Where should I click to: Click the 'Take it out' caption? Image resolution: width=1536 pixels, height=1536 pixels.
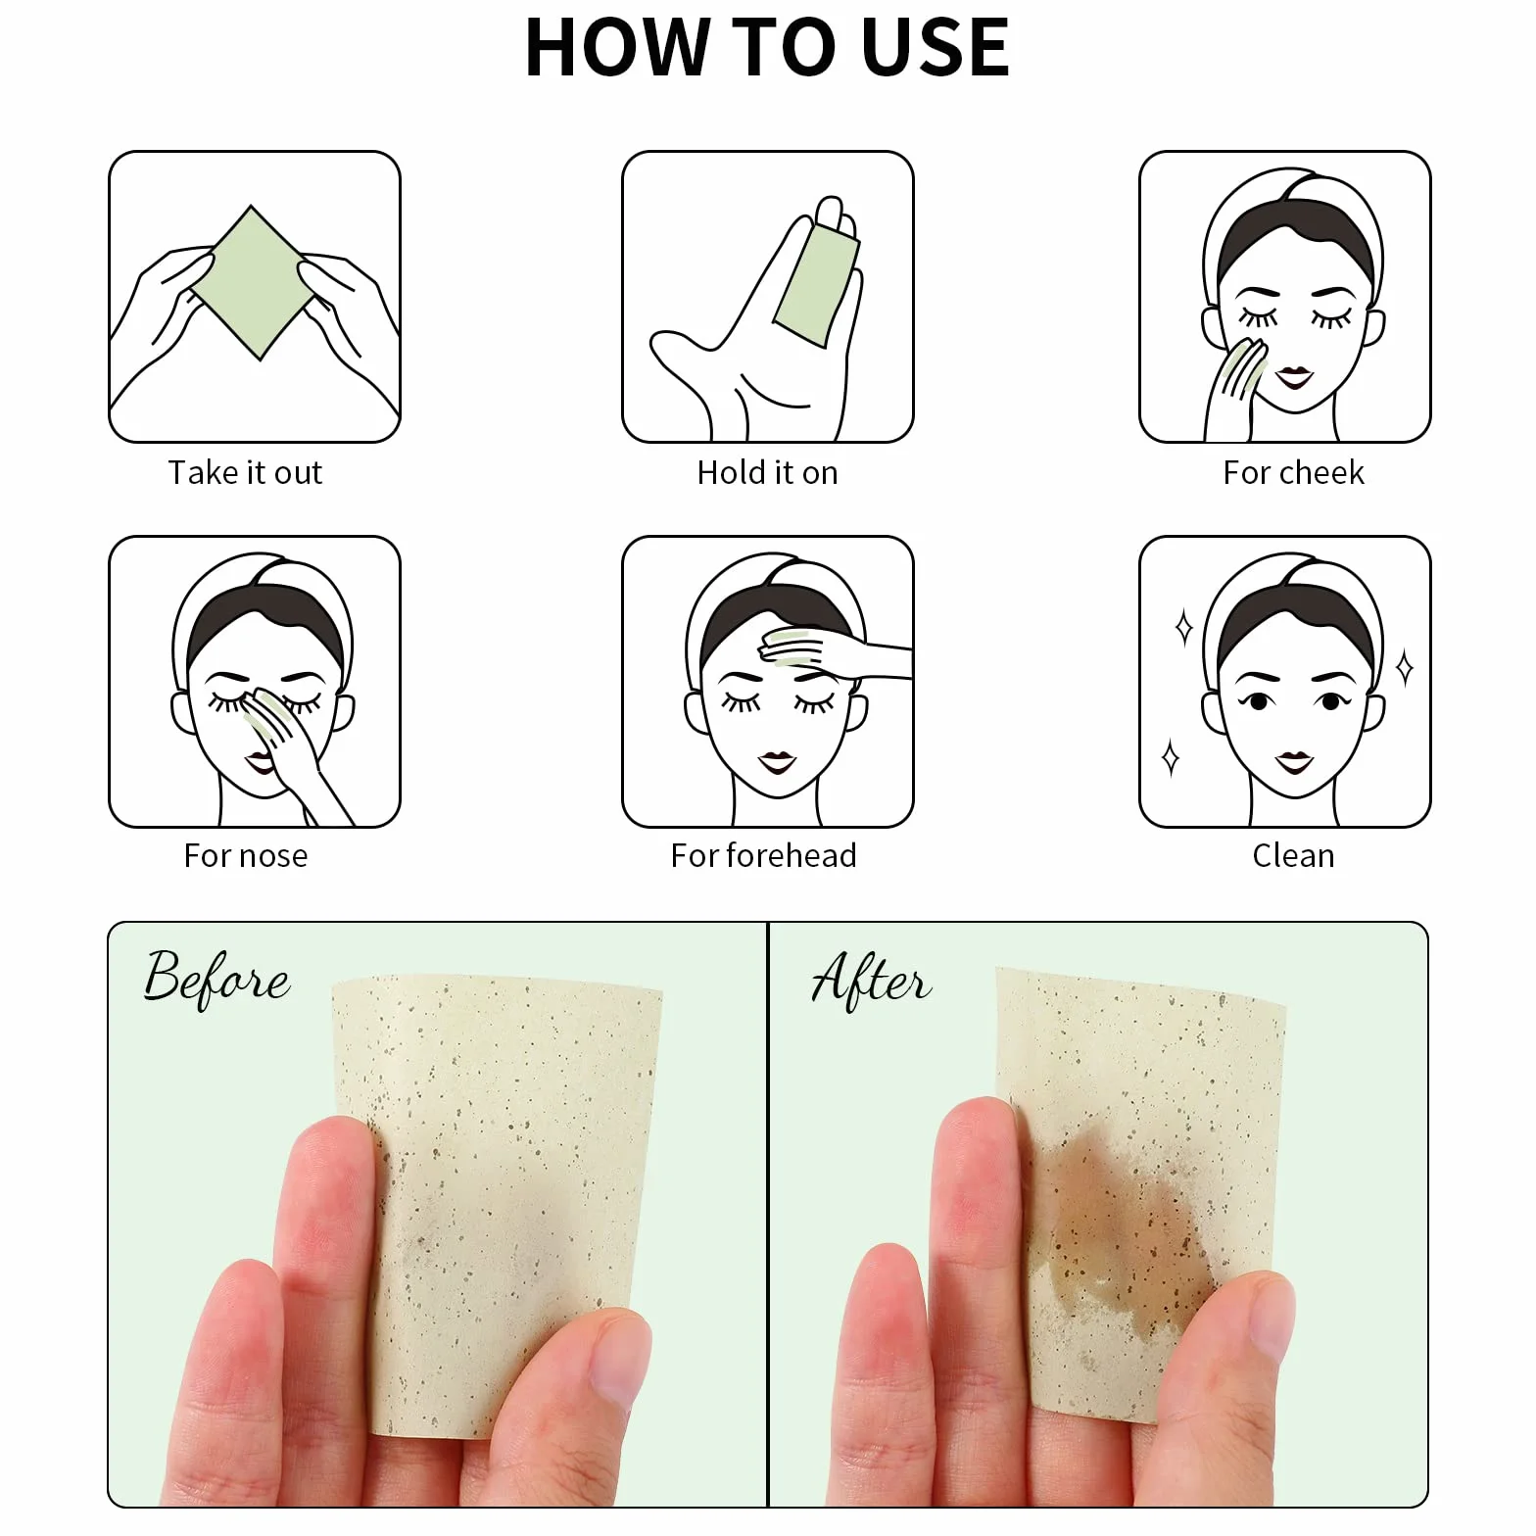pos(245,472)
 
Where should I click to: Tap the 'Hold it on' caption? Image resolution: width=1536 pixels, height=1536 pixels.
pos(767,472)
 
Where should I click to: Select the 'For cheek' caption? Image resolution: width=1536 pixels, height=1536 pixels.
pos(1293,472)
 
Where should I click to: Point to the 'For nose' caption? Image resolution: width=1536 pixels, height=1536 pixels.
pos(246,855)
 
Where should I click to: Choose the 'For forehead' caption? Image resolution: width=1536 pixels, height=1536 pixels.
pos(763,855)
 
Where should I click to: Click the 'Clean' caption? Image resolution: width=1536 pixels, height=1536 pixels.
pos(1293,855)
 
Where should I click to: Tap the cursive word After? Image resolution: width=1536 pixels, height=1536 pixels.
pos(871,980)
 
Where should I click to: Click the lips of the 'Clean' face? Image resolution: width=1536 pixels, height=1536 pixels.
pos(1294,760)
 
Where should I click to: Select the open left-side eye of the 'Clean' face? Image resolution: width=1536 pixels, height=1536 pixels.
pos(1258,701)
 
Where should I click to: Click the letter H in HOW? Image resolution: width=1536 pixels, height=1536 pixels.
pos(558,47)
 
